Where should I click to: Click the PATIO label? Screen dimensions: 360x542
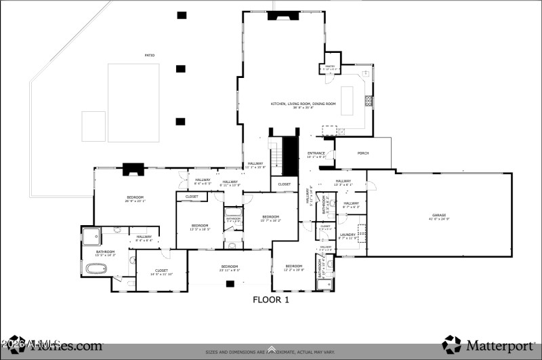tap(148, 56)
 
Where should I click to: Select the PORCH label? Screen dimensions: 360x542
tap(363, 153)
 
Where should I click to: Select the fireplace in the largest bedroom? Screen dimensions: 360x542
tap(131, 169)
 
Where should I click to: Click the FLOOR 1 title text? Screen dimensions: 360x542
tap(271, 300)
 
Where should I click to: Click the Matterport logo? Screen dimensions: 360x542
tap(488, 344)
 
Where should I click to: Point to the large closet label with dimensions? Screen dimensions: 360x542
tap(161, 272)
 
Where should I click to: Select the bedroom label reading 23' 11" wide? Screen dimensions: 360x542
tap(229, 268)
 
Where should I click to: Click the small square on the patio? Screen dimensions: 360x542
tap(93, 126)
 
